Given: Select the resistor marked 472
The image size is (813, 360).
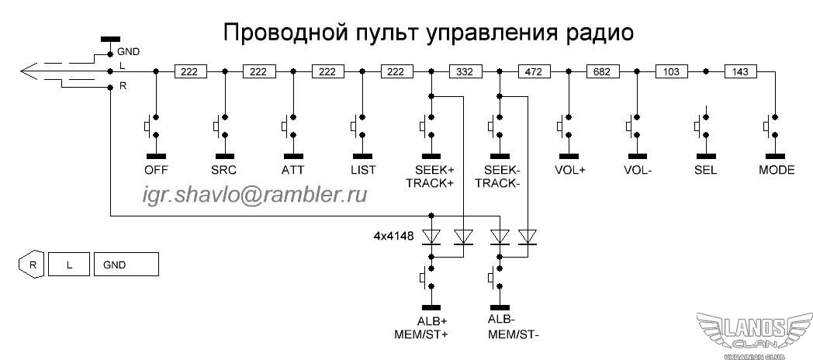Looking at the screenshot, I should [533, 71].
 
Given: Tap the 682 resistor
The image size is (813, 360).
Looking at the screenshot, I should [601, 71].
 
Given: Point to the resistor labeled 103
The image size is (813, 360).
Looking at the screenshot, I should [672, 71].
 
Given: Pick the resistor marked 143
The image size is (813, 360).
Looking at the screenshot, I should [740, 71].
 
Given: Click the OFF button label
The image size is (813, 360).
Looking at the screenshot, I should [156, 170].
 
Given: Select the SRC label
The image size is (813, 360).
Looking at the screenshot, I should [224, 170].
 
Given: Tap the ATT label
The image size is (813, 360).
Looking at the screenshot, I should [293, 170].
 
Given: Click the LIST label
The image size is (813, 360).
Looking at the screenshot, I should [362, 170].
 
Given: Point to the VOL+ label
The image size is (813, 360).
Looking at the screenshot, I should [569, 170].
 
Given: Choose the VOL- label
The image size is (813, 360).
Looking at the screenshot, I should [638, 170].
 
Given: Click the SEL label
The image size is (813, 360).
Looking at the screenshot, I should [706, 170].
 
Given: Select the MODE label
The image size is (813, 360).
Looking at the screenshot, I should [775, 170].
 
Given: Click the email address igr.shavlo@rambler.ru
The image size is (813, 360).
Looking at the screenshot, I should [254, 195].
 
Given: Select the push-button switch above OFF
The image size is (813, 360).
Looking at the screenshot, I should [154, 124].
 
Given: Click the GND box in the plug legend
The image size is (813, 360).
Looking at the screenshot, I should [126, 265].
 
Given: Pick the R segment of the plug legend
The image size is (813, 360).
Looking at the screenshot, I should [32, 265].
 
